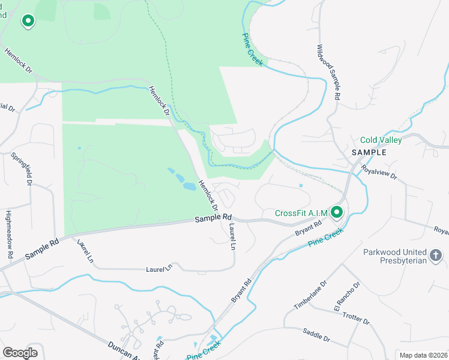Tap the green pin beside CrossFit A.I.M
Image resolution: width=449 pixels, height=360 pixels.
[x=337, y=212]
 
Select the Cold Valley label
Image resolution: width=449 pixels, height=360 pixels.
[x=381, y=140]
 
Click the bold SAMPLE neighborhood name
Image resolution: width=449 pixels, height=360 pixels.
[x=369, y=152]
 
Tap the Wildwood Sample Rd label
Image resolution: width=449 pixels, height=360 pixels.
[x=329, y=72]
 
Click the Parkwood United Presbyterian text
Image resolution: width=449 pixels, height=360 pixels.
[x=395, y=256]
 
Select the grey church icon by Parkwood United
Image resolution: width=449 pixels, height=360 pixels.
[x=436, y=256]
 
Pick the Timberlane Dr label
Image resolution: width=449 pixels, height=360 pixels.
[x=310, y=295]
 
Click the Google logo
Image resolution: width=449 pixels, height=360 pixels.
[x=20, y=353]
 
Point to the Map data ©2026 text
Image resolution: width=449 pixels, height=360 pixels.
[x=423, y=355]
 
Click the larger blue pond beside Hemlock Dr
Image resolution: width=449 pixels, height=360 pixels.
[x=188, y=186]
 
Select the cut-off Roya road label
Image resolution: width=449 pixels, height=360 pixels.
[x=441, y=230]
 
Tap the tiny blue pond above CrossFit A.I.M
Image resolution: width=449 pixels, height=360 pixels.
[x=301, y=185]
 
